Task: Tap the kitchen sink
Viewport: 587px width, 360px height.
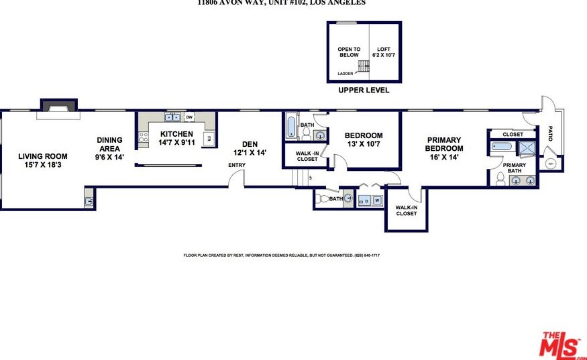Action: point(172,117)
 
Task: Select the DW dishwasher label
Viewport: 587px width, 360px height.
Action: point(190,117)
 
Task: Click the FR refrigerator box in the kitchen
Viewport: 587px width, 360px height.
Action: point(208,139)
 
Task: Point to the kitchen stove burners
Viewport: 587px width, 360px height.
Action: point(142,137)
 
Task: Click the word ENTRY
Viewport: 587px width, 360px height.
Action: point(237,165)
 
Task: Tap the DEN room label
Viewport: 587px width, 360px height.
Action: point(250,143)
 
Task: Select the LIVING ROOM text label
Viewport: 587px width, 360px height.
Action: point(42,156)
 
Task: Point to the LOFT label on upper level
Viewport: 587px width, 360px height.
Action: point(383,49)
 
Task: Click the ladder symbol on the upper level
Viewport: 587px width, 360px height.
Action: point(364,66)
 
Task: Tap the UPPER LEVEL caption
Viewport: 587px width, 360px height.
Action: point(364,90)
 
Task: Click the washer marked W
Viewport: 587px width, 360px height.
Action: point(376,200)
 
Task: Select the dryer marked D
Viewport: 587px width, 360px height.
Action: point(366,200)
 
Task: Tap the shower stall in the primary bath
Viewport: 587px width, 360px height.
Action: point(527,149)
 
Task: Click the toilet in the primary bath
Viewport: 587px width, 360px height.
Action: point(500,178)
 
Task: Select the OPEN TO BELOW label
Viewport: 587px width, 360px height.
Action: point(349,52)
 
